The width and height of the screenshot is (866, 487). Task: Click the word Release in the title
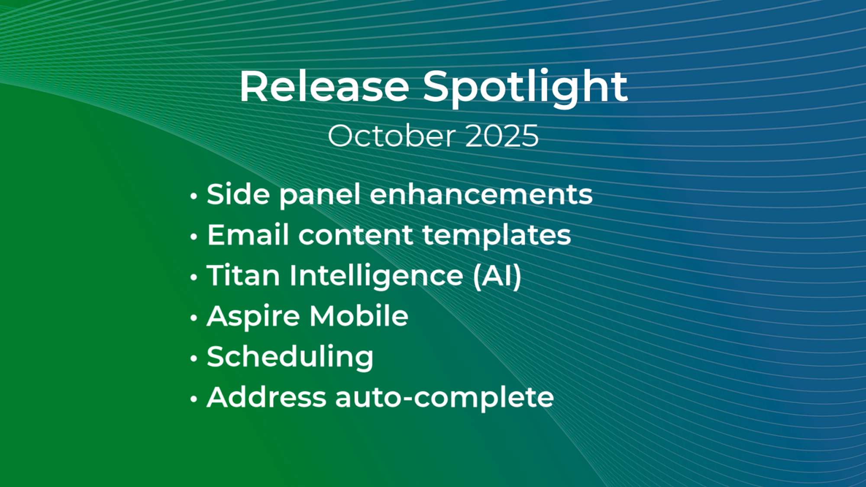point(324,87)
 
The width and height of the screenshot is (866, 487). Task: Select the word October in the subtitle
point(391,136)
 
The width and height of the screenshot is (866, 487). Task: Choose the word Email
point(248,235)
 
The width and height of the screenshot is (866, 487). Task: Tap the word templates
point(497,235)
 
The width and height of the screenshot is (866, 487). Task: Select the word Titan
point(243,275)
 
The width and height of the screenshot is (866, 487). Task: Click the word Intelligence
point(376,276)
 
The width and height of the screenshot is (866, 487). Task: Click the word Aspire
point(253,316)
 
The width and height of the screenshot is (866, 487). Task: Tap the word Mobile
point(359,316)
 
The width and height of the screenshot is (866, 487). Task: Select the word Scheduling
point(290,357)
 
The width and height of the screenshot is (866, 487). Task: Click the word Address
point(266,397)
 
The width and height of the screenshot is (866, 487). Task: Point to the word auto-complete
point(444,398)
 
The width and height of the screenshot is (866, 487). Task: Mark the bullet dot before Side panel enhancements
point(194,196)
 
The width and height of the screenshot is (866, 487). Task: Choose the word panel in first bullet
point(320,195)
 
